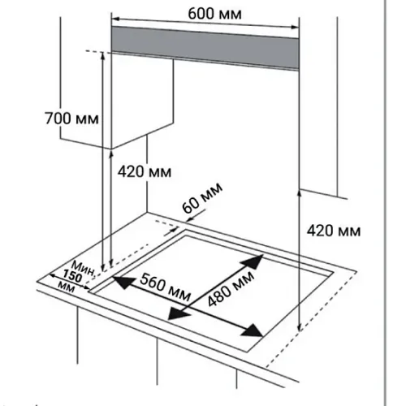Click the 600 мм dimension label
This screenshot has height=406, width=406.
point(214,14)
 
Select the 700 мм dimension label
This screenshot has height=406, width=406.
point(71,119)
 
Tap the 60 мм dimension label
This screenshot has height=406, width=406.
point(202,198)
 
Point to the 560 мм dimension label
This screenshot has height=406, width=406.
point(165,287)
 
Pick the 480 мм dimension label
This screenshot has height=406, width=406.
point(231,289)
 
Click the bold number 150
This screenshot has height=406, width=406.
point(72,276)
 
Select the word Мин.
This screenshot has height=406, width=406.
point(84,268)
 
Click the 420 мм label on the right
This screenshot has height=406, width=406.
point(334,231)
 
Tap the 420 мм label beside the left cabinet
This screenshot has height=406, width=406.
point(145,171)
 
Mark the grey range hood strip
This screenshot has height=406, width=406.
point(205,48)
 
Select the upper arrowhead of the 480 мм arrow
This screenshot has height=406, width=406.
point(253,261)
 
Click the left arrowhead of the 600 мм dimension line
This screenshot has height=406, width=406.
point(115,19)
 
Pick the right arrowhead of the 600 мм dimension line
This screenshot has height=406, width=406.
point(295,27)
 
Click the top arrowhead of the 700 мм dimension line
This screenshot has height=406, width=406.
point(103,55)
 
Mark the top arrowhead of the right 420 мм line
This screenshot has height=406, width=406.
point(299,193)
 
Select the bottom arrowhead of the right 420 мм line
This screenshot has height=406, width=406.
point(299,327)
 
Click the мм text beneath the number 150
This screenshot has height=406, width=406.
point(67,287)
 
